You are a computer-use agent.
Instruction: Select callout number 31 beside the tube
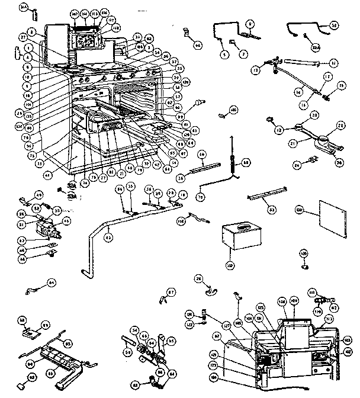pos(333,63)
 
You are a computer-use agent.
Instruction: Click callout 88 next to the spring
pos(246,161)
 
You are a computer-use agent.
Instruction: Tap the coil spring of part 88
pos(233,163)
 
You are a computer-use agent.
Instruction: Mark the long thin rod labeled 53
pos(268,193)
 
